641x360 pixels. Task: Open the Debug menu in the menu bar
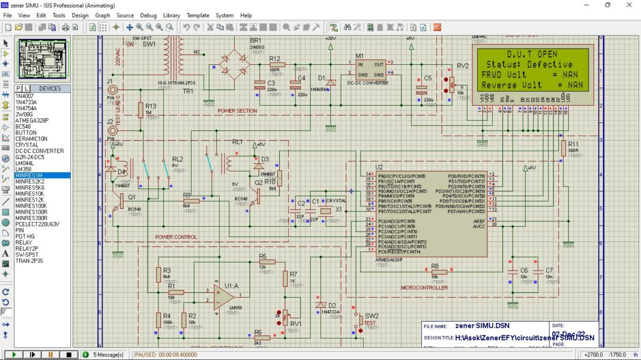(148, 15)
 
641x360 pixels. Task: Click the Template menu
(197, 15)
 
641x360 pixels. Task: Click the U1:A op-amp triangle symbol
(224, 293)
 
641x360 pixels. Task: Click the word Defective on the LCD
(550, 64)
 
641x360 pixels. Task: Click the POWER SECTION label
(237, 111)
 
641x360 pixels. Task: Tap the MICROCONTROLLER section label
(424, 288)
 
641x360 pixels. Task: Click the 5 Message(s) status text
(108, 355)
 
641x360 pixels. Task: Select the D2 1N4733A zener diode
(321, 305)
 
